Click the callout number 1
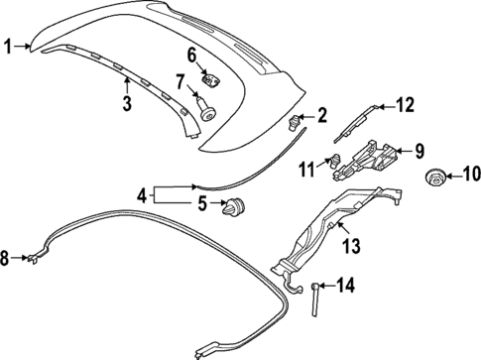[x=9, y=45]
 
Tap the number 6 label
[x=192, y=56]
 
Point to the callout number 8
[x=7, y=260]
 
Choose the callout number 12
[x=403, y=103]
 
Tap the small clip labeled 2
[x=295, y=122]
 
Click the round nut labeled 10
[x=433, y=179]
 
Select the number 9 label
[x=420, y=151]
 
